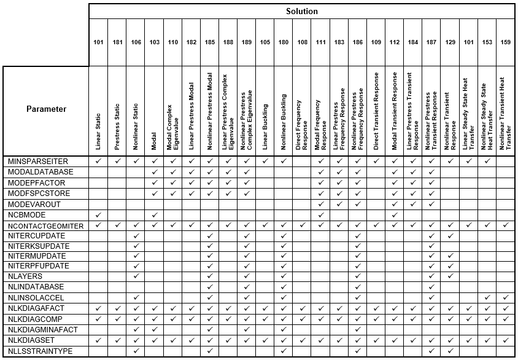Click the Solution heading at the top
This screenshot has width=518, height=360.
301,11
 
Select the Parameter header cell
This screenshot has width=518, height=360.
46,109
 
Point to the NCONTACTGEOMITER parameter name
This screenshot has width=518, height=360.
46,226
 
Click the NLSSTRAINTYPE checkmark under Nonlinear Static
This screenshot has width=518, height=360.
136,351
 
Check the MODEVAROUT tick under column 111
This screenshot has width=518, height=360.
320,203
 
